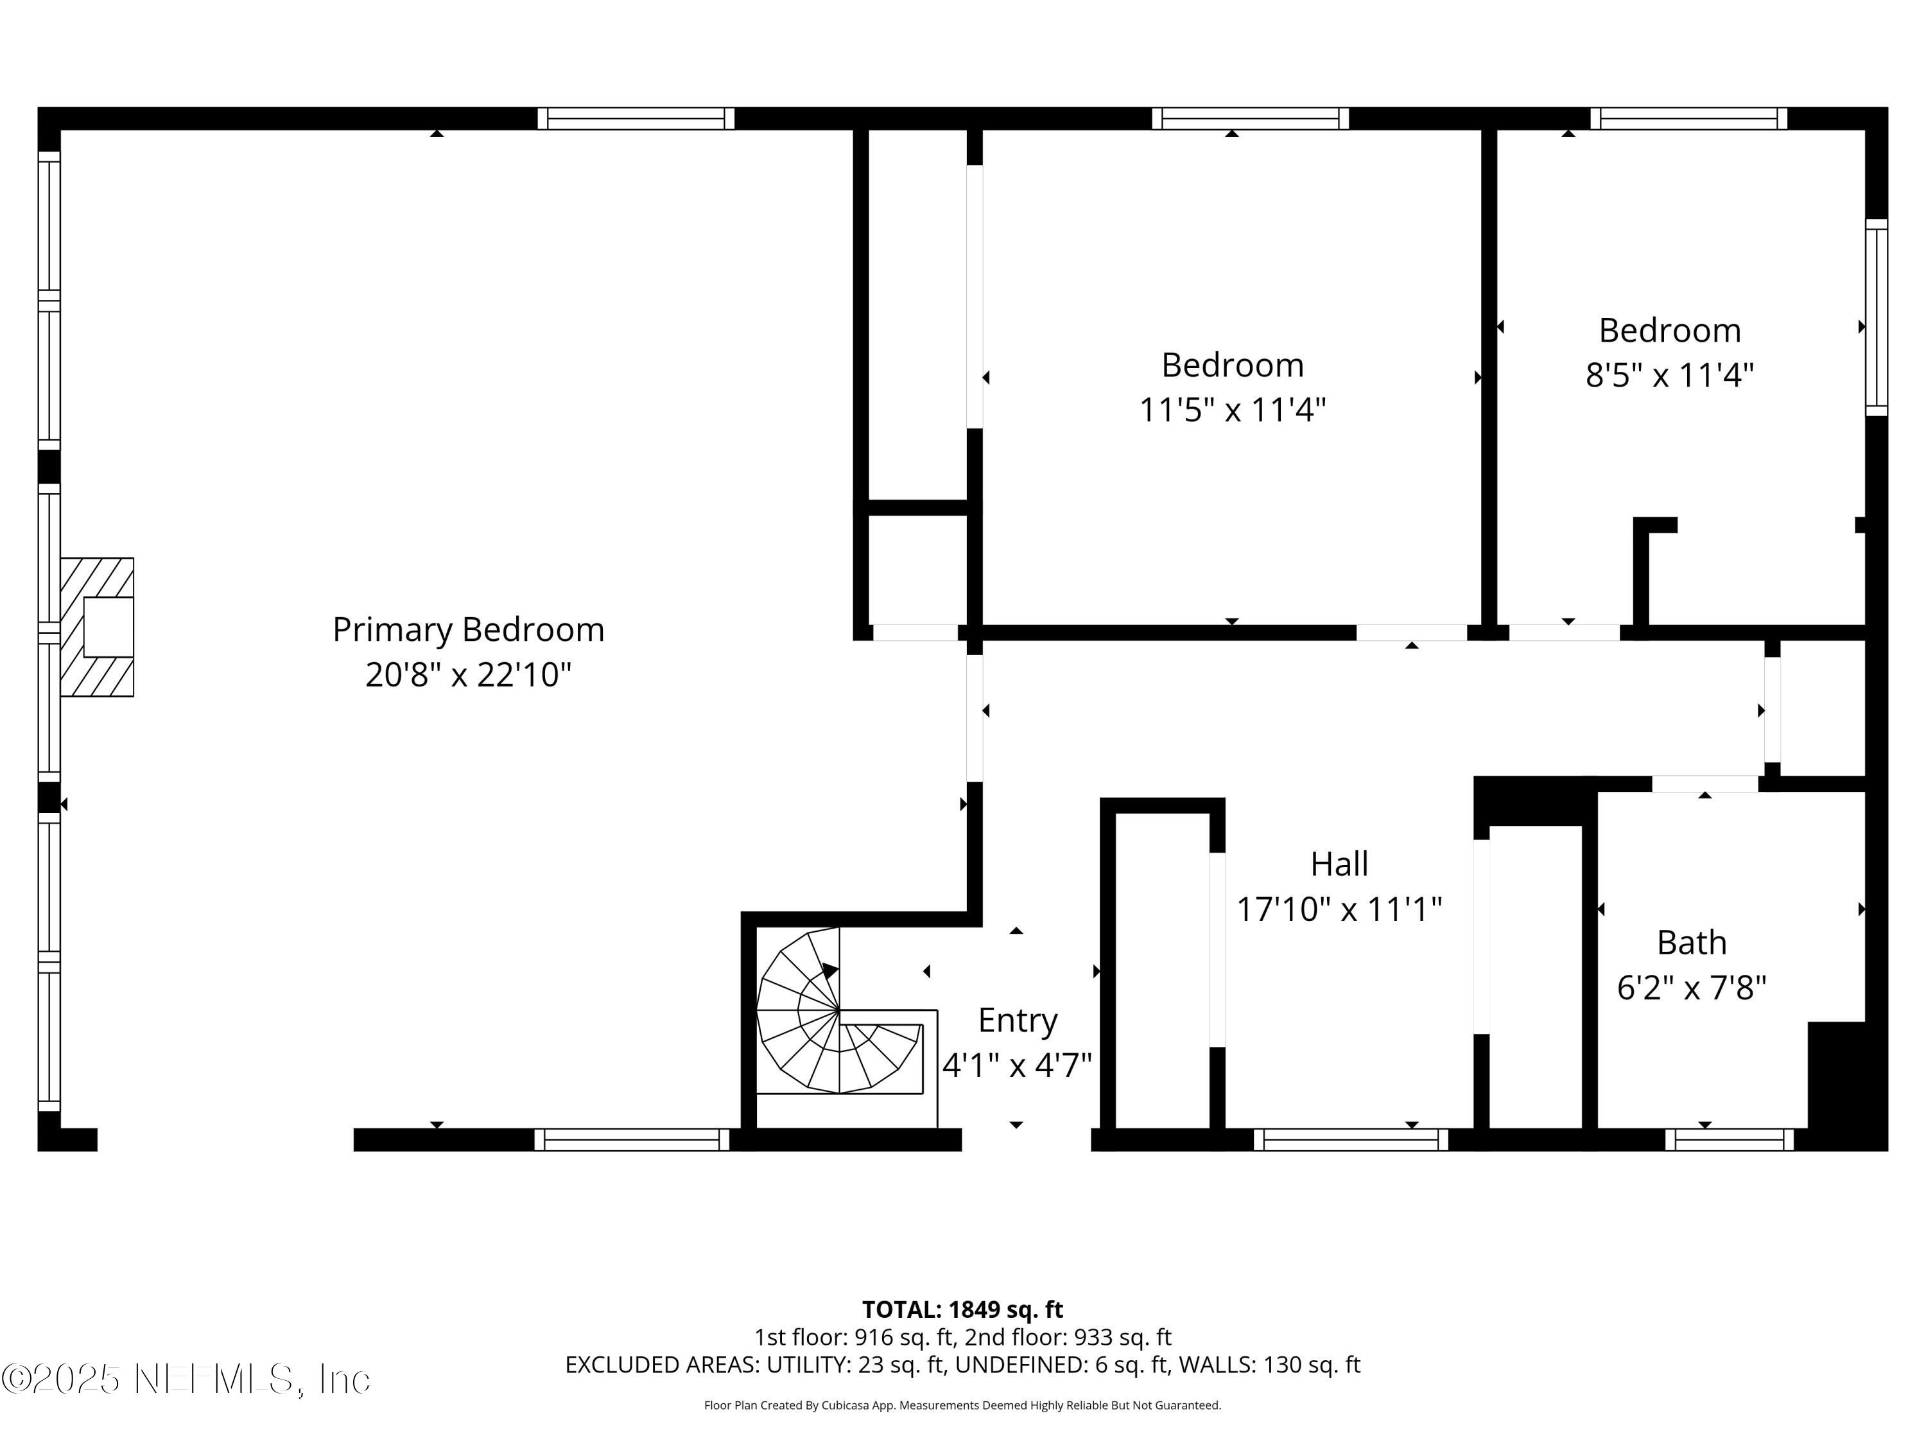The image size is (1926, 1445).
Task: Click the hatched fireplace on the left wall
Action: (x=97, y=627)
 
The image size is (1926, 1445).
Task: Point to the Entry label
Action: (x=1017, y=1020)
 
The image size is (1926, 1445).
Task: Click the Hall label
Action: (x=1339, y=864)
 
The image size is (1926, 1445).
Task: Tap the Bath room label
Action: (x=1691, y=942)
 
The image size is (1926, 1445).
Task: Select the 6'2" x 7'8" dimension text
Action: (x=1691, y=988)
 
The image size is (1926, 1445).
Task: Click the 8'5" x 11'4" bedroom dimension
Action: (x=1669, y=376)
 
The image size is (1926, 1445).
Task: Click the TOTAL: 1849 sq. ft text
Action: (x=962, y=1309)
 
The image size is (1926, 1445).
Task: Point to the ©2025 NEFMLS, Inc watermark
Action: (x=186, y=1379)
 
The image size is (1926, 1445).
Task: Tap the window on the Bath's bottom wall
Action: (x=1728, y=1139)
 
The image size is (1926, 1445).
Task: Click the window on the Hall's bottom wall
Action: (x=1351, y=1139)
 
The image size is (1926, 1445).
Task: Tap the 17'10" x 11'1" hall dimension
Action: (x=1339, y=909)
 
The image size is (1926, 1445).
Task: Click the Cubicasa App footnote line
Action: (x=962, y=1405)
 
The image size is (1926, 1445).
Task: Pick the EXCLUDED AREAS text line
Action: (x=962, y=1365)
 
